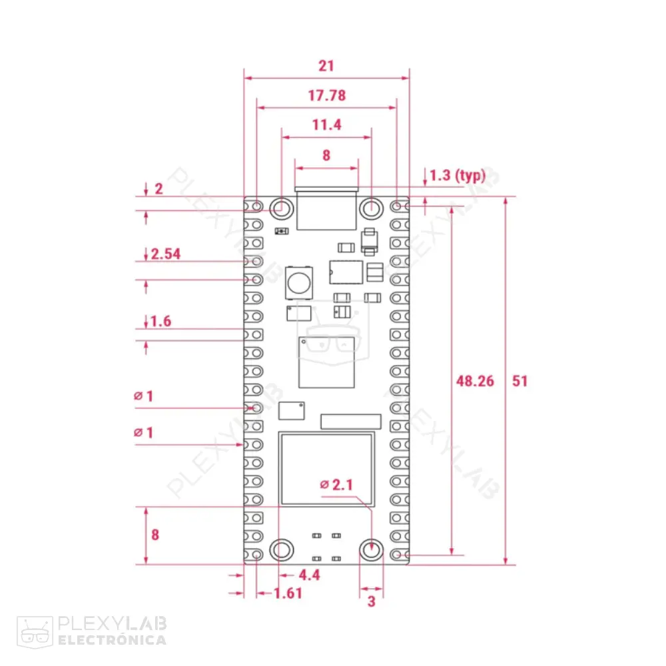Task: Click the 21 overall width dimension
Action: pos(326,65)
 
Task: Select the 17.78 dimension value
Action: pos(326,95)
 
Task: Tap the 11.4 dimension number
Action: pos(326,125)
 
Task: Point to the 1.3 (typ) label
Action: pos(457,175)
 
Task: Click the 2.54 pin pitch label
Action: pos(166,254)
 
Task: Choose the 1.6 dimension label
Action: pos(161,322)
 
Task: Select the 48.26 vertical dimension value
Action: pos(476,381)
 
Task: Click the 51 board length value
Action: pos(519,381)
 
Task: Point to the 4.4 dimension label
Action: pos(309,575)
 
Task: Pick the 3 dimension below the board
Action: pos(372,601)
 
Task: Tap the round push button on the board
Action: pos(298,281)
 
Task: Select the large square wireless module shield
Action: pos(326,468)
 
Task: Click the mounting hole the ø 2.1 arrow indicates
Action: pos(372,550)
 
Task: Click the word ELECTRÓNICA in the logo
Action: pos(112,640)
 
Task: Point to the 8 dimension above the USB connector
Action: pos(326,155)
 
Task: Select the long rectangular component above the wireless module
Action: pos(351,421)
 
